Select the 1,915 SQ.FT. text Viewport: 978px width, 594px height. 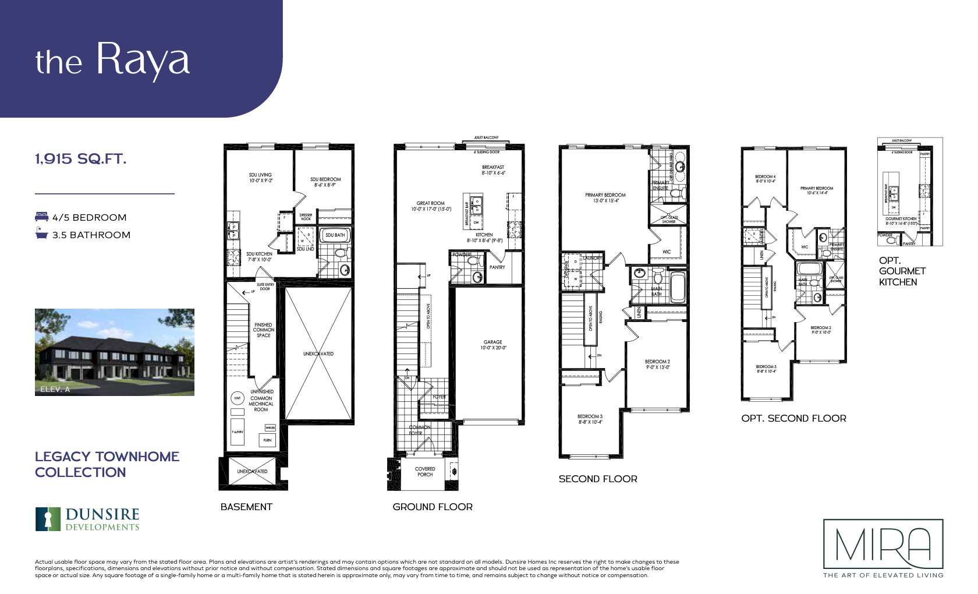[80, 159]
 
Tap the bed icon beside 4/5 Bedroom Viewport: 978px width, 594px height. [41, 217]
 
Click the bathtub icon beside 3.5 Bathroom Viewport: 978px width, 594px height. [41, 235]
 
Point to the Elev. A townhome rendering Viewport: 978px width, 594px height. [115, 352]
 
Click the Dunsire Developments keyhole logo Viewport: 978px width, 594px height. [48, 519]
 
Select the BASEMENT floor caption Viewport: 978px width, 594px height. [246, 507]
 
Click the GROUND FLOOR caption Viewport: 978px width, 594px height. [433, 507]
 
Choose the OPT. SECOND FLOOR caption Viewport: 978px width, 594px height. [793, 418]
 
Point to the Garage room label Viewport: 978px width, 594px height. [492, 345]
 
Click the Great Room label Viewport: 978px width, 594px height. [431, 206]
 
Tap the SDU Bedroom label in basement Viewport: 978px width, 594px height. [325, 182]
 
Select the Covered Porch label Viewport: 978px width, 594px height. [425, 471]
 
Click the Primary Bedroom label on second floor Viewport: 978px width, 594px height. [605, 197]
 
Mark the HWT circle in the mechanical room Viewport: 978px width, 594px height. [238, 399]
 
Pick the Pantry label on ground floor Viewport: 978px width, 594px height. [497, 267]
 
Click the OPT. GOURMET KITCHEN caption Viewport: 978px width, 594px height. [902, 271]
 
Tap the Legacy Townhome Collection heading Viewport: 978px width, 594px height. [107, 464]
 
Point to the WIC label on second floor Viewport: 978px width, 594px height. [667, 252]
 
